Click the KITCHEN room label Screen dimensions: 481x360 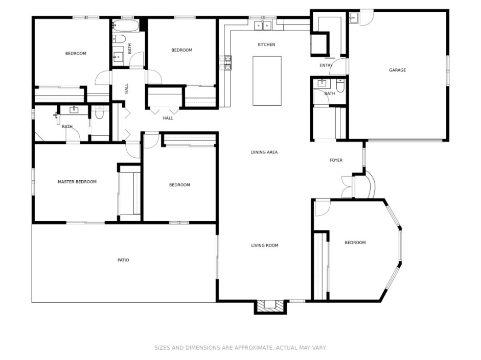[266, 45]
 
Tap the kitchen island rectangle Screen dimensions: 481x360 [267, 81]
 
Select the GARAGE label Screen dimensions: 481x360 [397, 70]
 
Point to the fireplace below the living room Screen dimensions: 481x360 [270, 306]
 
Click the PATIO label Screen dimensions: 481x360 [123, 260]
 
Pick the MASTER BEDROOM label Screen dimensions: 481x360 [77, 182]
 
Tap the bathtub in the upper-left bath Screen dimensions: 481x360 [126, 26]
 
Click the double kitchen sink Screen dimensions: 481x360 [263, 26]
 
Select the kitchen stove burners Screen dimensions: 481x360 [227, 62]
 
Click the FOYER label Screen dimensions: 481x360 [336, 160]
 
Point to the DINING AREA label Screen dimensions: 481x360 [264, 152]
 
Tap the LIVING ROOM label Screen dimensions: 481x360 [265, 246]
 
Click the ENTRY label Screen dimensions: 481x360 [326, 65]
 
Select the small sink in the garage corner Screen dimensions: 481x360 [353, 18]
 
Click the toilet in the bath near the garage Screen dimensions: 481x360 [340, 86]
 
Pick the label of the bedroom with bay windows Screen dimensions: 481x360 [355, 243]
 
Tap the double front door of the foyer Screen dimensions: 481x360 [347, 186]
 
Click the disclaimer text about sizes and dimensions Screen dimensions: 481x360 [240, 348]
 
